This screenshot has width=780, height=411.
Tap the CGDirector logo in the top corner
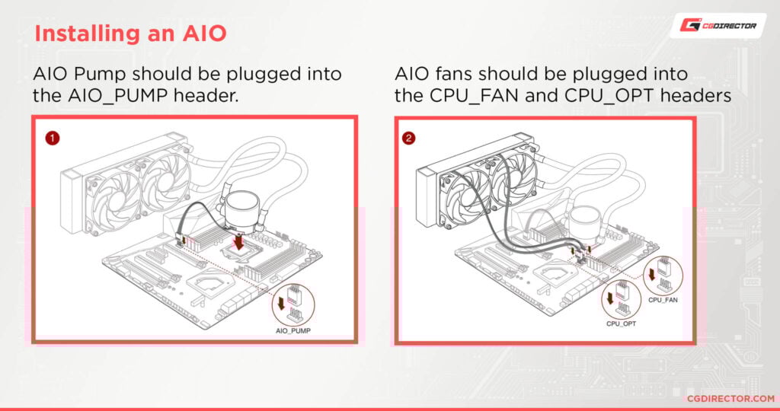(x=718, y=25)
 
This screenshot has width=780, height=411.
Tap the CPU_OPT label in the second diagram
(x=622, y=323)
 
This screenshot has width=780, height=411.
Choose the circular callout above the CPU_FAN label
(x=661, y=274)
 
